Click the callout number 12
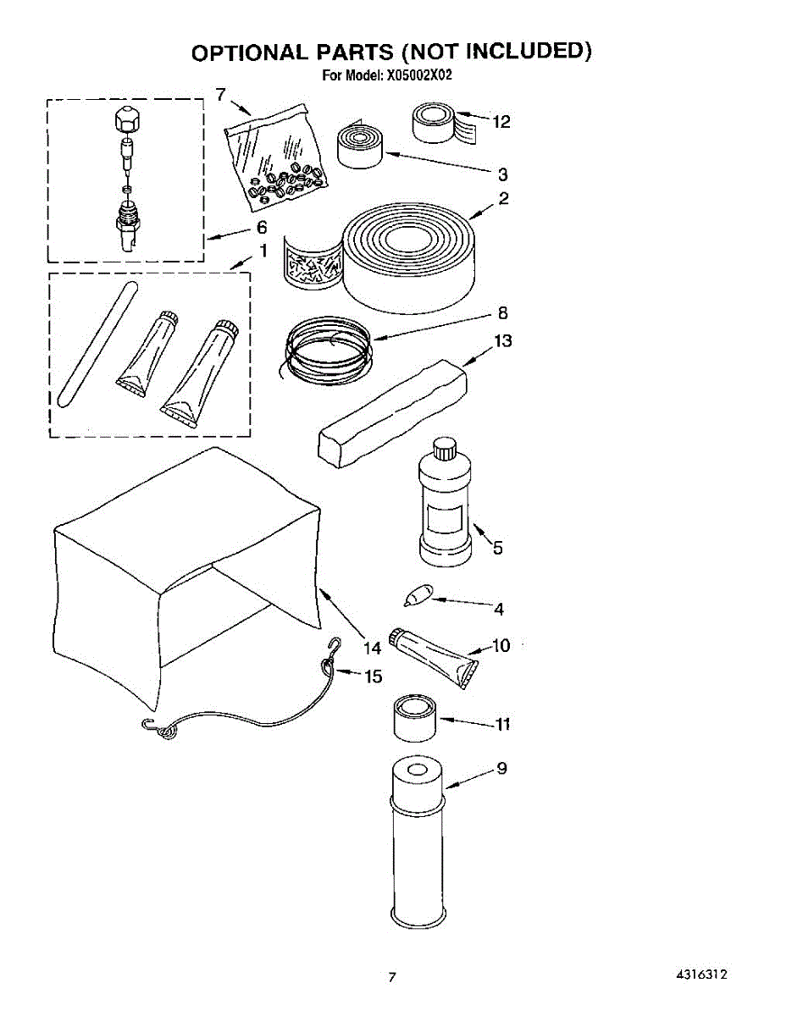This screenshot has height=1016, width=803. (x=501, y=123)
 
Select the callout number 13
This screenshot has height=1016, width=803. (x=503, y=341)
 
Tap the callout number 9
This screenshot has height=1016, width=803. (x=501, y=769)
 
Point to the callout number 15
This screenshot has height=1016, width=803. (x=373, y=676)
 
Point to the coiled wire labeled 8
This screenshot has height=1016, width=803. (x=326, y=348)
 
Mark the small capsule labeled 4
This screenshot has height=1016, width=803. (x=418, y=597)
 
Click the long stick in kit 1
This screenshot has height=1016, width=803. (x=95, y=347)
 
